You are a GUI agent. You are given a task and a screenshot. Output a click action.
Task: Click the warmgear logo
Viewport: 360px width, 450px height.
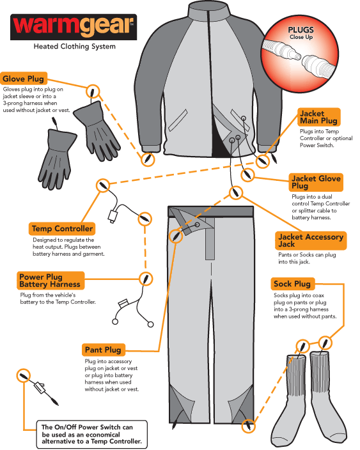pyautogui.click(x=74, y=27)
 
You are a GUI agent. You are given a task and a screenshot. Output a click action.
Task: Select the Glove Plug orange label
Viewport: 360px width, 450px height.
pyautogui.click(x=24, y=79)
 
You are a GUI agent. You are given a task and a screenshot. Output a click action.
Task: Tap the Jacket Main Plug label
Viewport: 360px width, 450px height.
pyautogui.click(x=318, y=117)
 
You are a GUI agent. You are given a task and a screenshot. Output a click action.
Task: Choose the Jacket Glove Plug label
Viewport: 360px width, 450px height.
pyautogui.click(x=316, y=182)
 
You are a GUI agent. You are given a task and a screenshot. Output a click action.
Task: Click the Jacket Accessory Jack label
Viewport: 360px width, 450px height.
pyautogui.click(x=311, y=240)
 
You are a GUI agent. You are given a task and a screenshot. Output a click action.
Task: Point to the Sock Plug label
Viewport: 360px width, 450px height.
pyautogui.click(x=292, y=284)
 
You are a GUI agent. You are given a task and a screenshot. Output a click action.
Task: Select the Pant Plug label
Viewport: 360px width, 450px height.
pyautogui.click(x=104, y=350)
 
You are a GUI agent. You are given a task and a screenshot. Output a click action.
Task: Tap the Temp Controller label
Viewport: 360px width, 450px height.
pyautogui.click(x=62, y=229)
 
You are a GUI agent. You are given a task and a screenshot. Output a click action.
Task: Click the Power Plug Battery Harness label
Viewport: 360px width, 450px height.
pyautogui.click(x=51, y=281)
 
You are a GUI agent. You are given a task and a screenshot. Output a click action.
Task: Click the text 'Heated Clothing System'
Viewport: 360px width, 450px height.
pyautogui.click(x=75, y=46)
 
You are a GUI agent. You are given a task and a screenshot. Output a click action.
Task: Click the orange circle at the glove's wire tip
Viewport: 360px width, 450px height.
pyautogui.click(x=93, y=92)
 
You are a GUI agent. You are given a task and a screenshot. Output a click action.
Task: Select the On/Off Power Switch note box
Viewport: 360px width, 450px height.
pyautogui.click(x=92, y=434)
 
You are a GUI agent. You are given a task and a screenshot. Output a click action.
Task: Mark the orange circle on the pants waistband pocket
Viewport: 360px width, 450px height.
pyautogui.click(x=176, y=237)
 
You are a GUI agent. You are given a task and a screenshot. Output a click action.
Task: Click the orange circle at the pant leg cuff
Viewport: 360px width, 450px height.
pyautogui.click(x=248, y=426)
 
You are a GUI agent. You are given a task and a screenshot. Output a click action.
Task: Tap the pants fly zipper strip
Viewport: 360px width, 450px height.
pyautogui.click(x=210, y=239)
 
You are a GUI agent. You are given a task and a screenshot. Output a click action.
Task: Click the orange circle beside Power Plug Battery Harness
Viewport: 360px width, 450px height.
pyautogui.click(x=146, y=279)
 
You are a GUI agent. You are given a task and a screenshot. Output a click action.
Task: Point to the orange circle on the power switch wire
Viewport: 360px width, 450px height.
pyautogui.click(x=24, y=376)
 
